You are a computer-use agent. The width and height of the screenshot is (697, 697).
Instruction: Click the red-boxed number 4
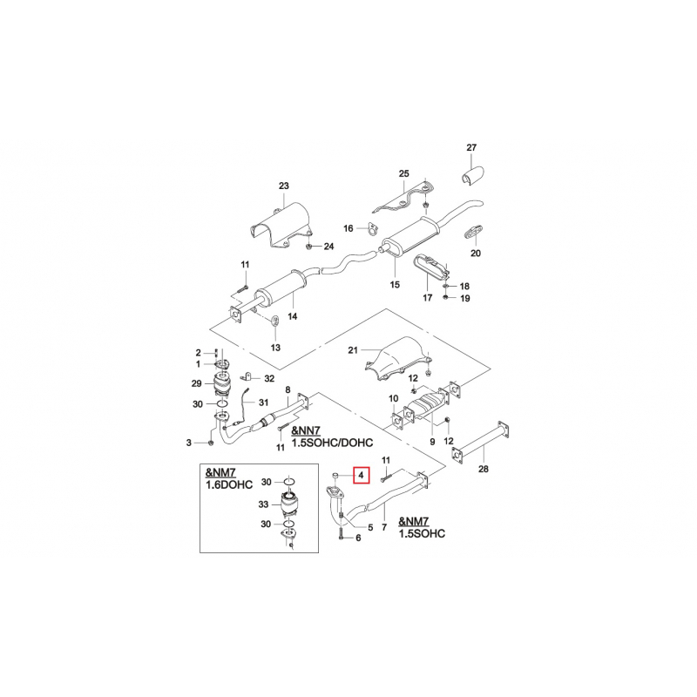[361, 475]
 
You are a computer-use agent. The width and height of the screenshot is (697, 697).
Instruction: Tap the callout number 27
[471, 147]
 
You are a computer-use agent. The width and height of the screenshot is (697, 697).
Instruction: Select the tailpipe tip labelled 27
[472, 175]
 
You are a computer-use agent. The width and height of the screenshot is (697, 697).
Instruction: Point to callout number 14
[292, 316]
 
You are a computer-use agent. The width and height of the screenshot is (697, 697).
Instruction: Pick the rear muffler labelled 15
[411, 236]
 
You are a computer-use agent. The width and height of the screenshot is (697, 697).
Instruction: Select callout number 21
[353, 350]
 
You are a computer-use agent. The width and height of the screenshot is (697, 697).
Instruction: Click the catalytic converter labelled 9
[426, 404]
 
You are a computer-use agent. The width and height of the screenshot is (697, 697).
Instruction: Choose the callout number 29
[196, 383]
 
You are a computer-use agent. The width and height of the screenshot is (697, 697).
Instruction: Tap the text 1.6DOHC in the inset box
[229, 484]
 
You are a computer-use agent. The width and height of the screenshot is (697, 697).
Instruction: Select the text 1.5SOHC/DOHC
[332, 443]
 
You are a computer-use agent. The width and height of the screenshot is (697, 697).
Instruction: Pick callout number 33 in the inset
[263, 504]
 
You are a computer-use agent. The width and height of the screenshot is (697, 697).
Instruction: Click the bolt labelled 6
[341, 531]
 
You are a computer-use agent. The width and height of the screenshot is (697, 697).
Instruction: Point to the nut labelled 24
[308, 246]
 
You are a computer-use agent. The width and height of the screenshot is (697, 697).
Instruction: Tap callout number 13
[275, 347]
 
